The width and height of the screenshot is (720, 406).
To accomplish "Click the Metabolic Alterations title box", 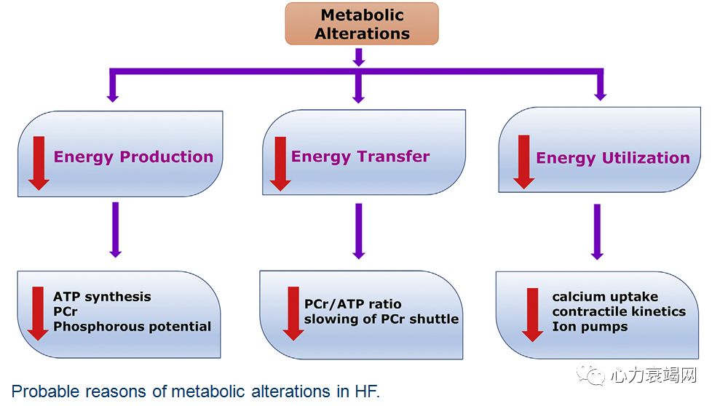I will [361, 24].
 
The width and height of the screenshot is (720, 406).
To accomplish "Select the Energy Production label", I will [133, 156].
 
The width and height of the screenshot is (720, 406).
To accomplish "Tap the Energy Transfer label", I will [360, 156].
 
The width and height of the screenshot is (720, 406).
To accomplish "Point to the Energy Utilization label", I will [612, 158].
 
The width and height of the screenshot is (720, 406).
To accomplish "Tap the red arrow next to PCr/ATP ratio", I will [293, 313].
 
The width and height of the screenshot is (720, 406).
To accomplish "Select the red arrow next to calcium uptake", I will [532, 314].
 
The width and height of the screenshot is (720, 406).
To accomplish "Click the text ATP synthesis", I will [102, 296].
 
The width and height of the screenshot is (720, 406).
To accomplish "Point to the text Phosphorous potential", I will [132, 326].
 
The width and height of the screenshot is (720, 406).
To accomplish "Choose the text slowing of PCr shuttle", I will [381, 319].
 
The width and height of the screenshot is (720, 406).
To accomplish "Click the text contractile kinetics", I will [618, 311].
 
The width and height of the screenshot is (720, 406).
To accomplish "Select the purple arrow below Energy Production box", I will [114, 228].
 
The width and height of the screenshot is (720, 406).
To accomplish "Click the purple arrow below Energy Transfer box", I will [357, 230].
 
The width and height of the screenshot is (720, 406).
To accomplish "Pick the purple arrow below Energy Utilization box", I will [597, 231].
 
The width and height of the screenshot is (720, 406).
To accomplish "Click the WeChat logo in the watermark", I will [590, 375].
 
